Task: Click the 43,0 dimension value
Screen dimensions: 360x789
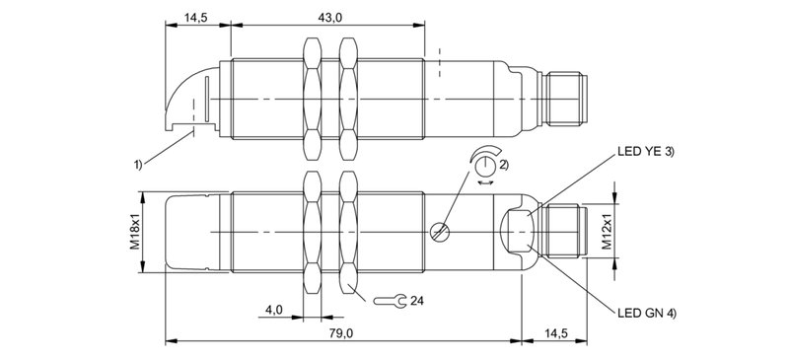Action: (328, 18)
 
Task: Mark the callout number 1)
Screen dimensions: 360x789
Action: (139, 164)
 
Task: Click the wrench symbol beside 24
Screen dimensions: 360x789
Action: (393, 300)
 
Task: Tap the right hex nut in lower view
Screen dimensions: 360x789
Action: (347, 232)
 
